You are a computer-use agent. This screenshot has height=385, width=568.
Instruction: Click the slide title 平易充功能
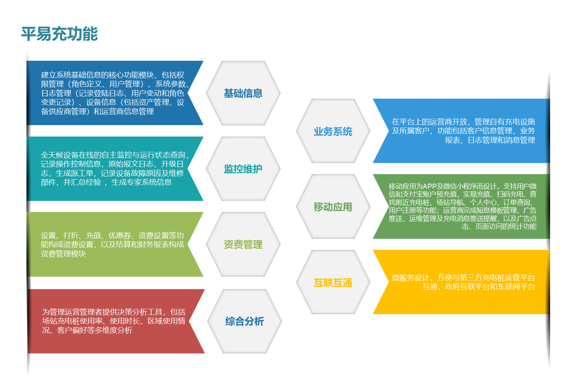[x=59, y=34]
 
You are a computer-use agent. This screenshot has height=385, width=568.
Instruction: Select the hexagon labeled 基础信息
[x=243, y=93]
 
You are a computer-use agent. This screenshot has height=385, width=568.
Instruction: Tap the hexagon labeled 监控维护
[x=243, y=169]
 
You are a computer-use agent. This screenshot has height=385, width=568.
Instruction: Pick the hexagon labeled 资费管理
[x=243, y=244]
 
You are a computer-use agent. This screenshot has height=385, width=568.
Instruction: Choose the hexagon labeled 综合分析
[x=244, y=321]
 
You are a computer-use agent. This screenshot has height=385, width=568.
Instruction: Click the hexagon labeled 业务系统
[x=333, y=131]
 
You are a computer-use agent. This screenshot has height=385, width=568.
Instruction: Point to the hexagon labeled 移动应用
[x=333, y=207]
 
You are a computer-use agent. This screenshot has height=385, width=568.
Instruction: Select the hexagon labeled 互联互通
[x=333, y=282]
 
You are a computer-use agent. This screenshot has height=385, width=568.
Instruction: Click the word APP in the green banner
[x=429, y=187]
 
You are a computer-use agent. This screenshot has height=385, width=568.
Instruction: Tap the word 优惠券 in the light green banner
[x=119, y=236]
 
